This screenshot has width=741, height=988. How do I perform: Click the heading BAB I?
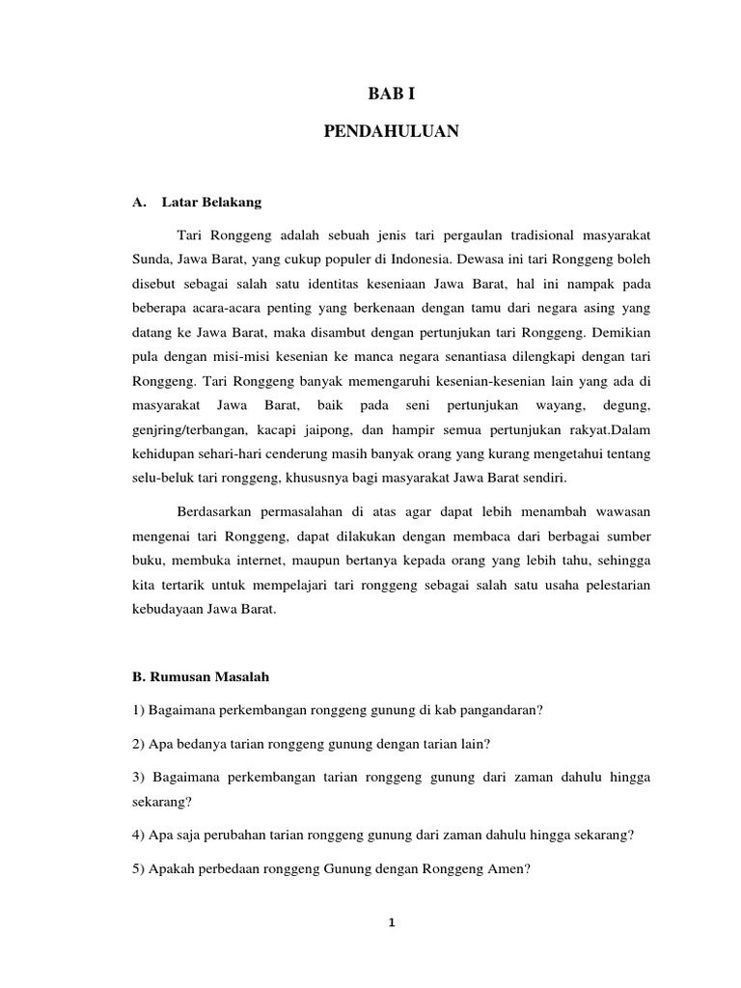[x=393, y=94]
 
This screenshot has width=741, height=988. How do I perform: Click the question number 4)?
[x=139, y=836]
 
